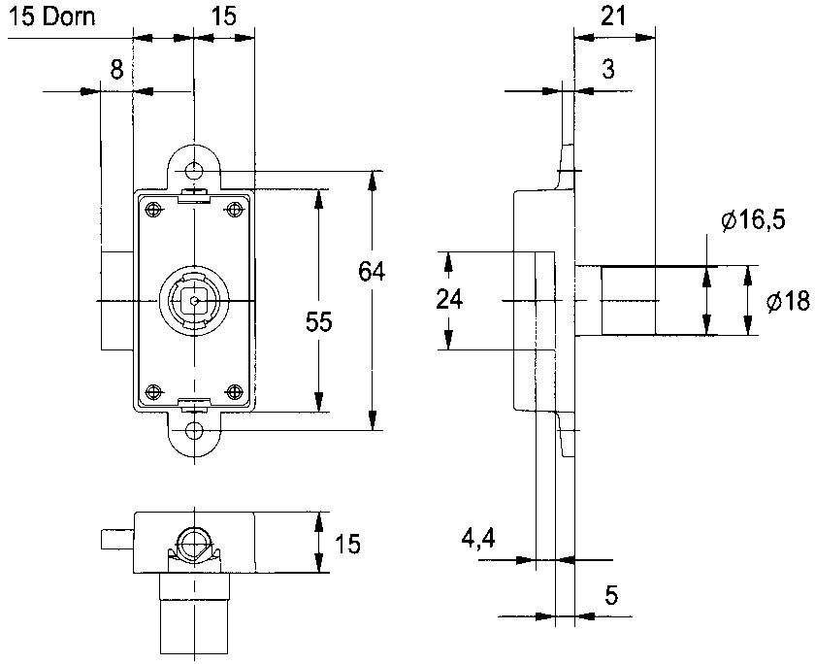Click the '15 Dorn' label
pos(52,17)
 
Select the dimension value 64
pos(373,272)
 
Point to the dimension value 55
pos(318,322)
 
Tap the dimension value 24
pos(449,300)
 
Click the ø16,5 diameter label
pos(753,221)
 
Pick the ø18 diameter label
pos(789,301)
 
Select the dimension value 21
pos(614,17)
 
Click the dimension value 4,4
pos(478,540)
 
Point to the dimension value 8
pos(117,69)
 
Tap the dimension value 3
pos(608,69)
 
